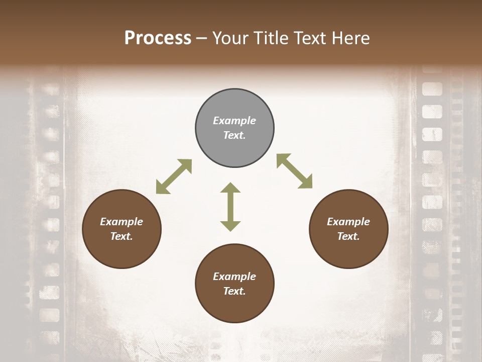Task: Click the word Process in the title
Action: click(x=158, y=38)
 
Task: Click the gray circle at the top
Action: click(x=234, y=128)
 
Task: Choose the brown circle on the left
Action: click(x=122, y=229)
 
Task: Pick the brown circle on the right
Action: click(x=348, y=229)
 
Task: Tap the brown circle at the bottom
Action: click(x=234, y=283)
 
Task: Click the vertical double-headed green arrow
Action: click(x=230, y=207)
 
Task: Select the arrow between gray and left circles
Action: click(x=174, y=176)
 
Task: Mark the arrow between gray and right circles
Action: click(x=294, y=171)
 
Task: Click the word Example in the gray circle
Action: click(x=234, y=121)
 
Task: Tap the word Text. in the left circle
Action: click(x=122, y=236)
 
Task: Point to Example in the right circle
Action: click(x=348, y=222)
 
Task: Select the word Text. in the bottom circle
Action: click(x=234, y=291)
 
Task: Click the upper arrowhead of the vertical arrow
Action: click(x=230, y=189)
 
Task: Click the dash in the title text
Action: click(x=202, y=39)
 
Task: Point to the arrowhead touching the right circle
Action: click(x=305, y=183)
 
